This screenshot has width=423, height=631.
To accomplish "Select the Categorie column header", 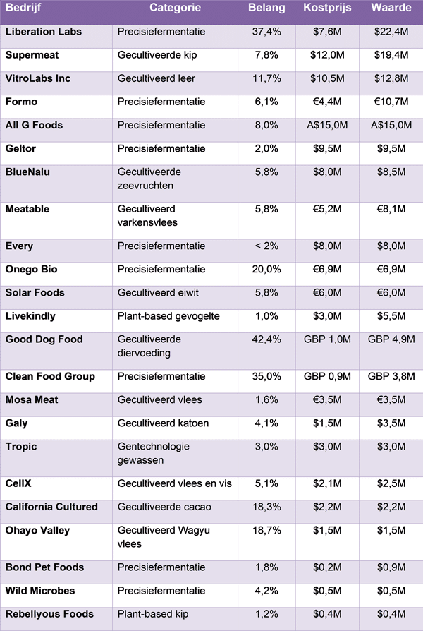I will click(x=175, y=8).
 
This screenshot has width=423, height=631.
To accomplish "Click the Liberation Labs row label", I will click(x=43, y=32).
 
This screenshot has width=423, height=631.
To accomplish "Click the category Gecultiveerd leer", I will click(x=157, y=78).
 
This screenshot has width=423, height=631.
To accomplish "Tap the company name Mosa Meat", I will click(x=33, y=400).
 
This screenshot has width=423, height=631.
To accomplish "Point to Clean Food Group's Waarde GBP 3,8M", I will click(x=391, y=377).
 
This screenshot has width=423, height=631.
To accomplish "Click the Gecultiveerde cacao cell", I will click(x=164, y=507).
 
